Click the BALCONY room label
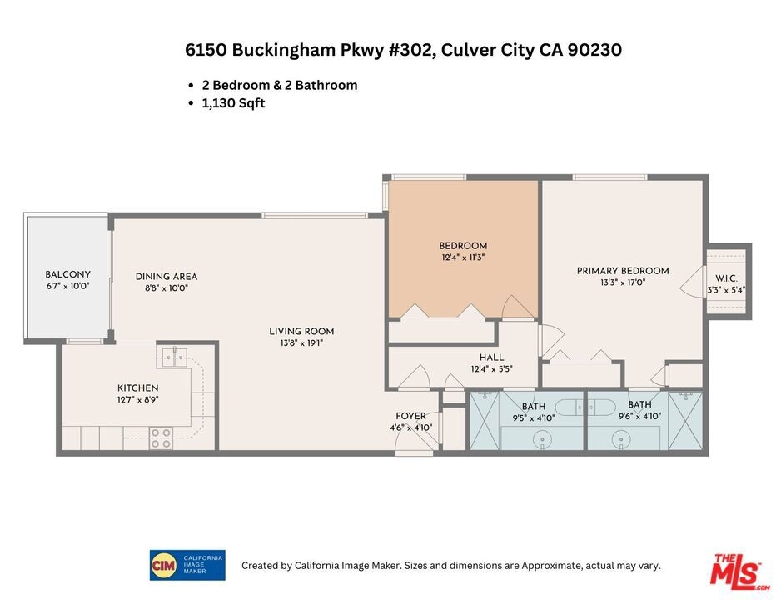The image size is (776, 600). point(67,274)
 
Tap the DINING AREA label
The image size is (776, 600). point(167,276)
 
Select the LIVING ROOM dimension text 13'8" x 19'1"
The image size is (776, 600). point(301,342)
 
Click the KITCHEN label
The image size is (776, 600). point(137,388)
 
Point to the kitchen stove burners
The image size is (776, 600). point(162,438)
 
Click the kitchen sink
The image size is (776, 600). point(173,356)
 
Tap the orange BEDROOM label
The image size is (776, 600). point(463,245)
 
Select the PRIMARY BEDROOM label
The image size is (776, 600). point(623,271)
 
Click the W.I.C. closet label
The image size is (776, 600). point(726,278)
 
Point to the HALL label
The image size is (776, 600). point(491,357)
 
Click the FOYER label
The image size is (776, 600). point(410,416)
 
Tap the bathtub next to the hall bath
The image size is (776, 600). point(578,407)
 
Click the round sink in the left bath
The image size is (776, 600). point(543,439)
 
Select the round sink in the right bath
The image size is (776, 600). point(620,439)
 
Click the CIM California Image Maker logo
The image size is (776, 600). point(187,565)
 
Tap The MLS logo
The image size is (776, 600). point(739,572)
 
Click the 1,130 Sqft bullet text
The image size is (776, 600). point(234,103)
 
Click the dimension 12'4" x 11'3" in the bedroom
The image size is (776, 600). point(463,257)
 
